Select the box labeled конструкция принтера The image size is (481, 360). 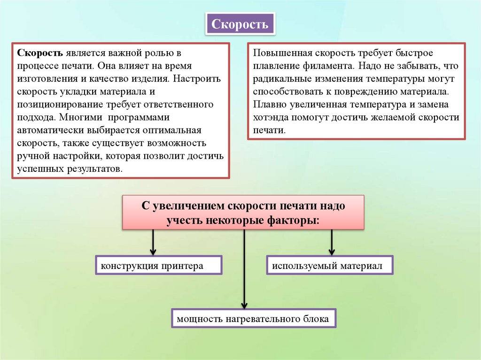(158, 266)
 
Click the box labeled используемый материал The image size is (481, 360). (330, 266)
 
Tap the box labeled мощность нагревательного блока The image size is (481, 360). (254, 319)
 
